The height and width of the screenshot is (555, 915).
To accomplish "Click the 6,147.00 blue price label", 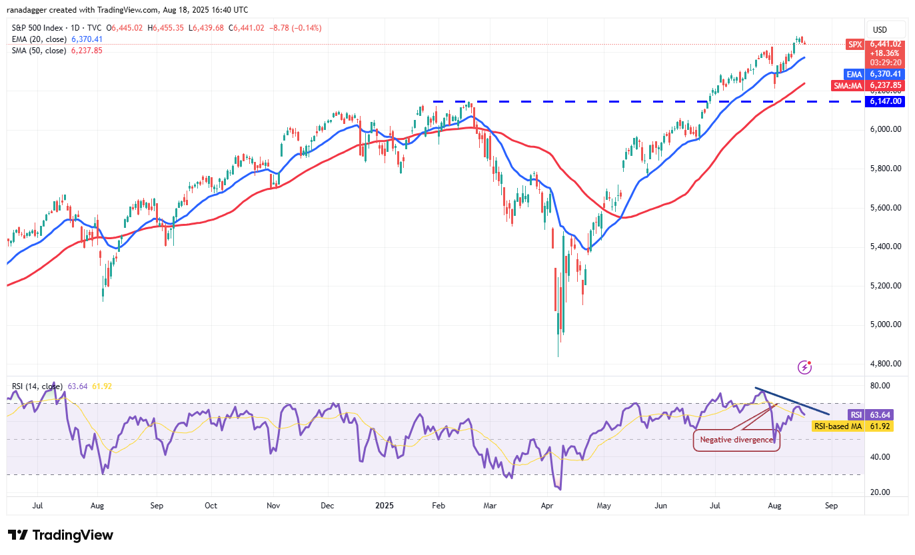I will click(x=884, y=101).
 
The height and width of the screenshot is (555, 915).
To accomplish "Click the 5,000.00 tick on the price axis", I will click(x=886, y=324).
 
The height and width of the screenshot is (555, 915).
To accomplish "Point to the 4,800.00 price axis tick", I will click(x=886, y=364).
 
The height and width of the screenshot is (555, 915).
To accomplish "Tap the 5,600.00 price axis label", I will click(x=886, y=207).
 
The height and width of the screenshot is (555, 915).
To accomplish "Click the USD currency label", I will click(x=880, y=29).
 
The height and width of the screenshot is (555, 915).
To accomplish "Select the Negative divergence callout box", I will click(x=736, y=440).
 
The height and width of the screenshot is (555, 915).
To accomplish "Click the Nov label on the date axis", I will click(x=274, y=505).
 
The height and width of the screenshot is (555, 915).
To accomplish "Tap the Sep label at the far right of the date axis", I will click(x=830, y=505).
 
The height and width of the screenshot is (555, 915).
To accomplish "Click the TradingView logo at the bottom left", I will click(x=61, y=535).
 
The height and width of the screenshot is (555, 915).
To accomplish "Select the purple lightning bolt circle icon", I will click(x=805, y=367).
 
